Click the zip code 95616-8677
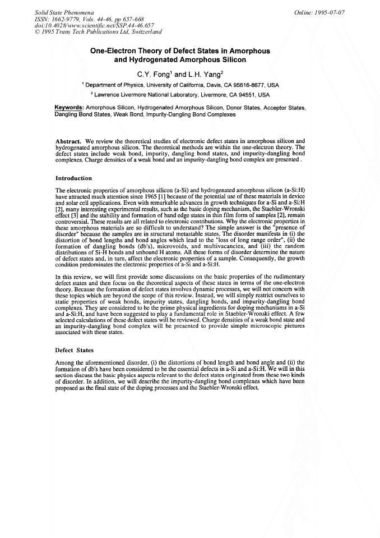(x=242, y=85)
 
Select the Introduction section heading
(x=74, y=178)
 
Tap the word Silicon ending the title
(x=232, y=59)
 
